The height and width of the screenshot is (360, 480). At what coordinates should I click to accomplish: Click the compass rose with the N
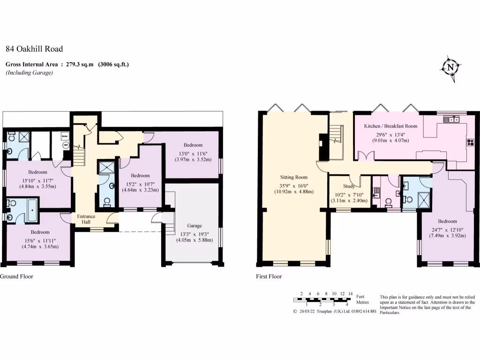[450, 68]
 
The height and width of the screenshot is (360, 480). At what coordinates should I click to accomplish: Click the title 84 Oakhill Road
[34, 49]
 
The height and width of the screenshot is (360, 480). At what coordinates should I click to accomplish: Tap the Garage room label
[194, 226]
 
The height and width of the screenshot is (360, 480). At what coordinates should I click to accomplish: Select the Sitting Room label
[294, 177]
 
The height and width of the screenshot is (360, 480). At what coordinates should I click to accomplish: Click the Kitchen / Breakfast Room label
[390, 126]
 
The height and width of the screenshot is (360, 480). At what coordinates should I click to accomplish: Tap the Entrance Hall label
[86, 219]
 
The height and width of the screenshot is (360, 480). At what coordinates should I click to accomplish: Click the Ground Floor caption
[16, 277]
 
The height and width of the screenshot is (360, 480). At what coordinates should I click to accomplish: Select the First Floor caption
[269, 277]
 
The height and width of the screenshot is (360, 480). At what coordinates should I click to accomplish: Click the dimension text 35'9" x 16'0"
[294, 185]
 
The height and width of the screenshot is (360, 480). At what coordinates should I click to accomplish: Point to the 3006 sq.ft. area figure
[113, 64]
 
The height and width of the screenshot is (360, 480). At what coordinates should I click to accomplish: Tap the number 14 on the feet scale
[350, 294]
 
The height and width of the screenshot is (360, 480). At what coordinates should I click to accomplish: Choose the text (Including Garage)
[29, 73]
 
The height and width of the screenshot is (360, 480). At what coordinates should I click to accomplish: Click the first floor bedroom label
[448, 221]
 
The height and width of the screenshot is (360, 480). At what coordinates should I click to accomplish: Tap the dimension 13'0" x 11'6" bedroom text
[193, 153]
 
